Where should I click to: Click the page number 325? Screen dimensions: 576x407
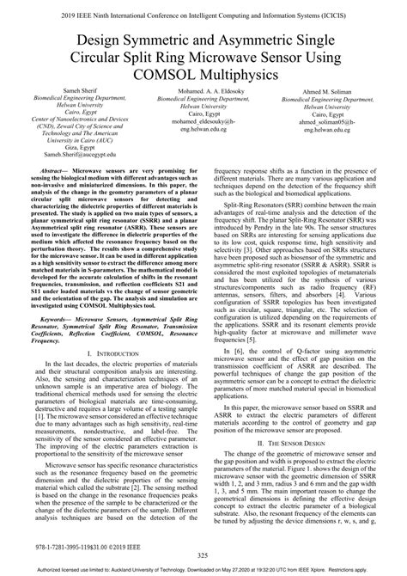[203, 556]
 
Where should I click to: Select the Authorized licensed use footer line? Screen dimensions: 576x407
[203, 570]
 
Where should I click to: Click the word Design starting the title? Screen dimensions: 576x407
[76, 40]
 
